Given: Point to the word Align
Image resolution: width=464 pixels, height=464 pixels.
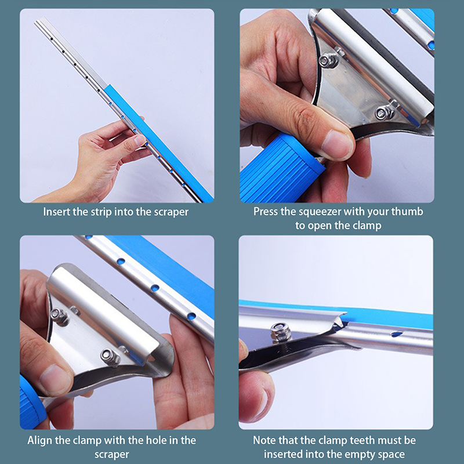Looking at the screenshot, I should [40, 441].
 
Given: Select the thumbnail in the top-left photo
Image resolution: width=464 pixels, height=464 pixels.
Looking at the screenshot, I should [139, 140].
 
